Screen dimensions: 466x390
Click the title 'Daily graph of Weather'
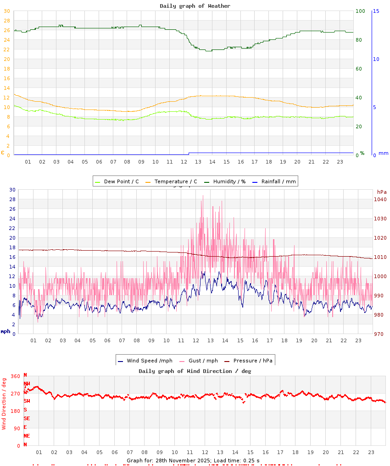[x=195, y=6]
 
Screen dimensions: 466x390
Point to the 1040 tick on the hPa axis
[x=381, y=199]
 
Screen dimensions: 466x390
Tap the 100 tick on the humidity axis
[x=361, y=11]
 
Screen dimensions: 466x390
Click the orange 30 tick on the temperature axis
[x=6, y=11]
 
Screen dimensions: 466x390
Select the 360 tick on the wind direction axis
[x=16, y=377]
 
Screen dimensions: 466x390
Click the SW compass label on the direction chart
[x=27, y=401]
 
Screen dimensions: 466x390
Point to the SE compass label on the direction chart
[x=27, y=418]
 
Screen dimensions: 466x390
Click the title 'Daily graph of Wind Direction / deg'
[x=195, y=371]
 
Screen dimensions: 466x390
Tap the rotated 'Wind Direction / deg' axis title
[x=4, y=403]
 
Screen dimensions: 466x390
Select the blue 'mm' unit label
[x=383, y=153]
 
